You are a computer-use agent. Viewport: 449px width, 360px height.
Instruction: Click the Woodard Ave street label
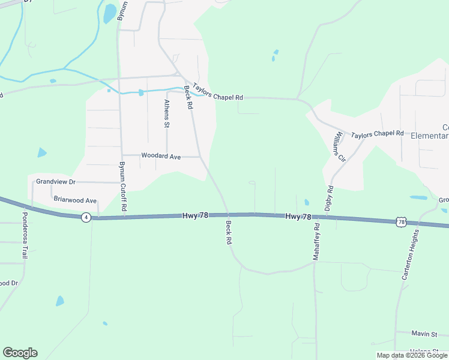click(x=161, y=156)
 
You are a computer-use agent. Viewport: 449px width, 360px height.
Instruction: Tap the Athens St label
click(x=167, y=113)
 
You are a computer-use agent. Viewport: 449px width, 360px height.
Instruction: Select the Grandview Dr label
click(x=56, y=181)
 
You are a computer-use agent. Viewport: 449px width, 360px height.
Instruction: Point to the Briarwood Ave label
click(x=75, y=200)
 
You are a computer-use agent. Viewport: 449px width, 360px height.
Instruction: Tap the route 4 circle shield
click(x=86, y=217)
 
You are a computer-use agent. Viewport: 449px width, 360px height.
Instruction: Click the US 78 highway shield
click(x=401, y=222)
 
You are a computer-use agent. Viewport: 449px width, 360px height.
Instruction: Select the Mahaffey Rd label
click(x=316, y=242)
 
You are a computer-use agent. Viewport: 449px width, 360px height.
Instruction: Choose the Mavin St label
click(x=426, y=334)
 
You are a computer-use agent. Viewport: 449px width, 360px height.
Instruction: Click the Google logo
click(x=20, y=353)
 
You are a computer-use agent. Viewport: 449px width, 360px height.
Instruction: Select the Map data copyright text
click(x=411, y=355)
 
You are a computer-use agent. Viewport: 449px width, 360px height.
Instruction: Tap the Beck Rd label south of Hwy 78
click(x=229, y=232)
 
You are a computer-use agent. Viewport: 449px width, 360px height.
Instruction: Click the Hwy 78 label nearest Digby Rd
click(x=298, y=216)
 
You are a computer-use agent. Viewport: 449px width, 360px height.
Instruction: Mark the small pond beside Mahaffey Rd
click(x=307, y=202)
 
